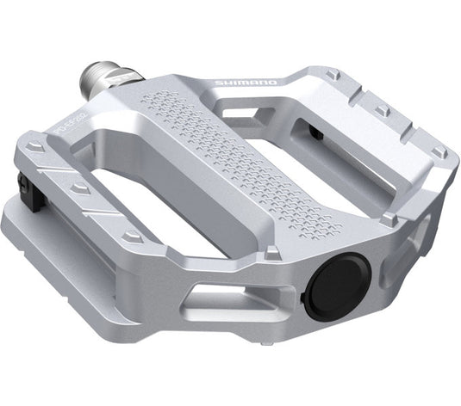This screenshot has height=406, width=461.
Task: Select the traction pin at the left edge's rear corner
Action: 35,149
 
